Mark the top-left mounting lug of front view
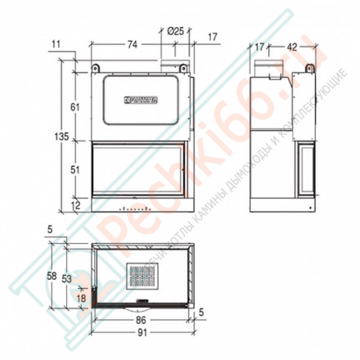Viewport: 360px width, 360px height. tap(96, 66)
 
